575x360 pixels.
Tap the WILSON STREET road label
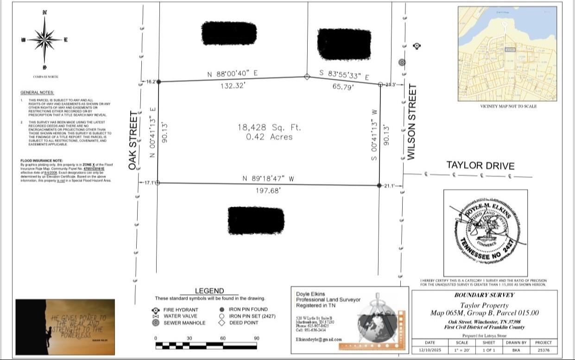pyautogui.click(x=411, y=122)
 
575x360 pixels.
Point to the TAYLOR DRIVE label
pyautogui.click(x=480, y=165)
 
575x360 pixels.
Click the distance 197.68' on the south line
pyautogui.click(x=268, y=190)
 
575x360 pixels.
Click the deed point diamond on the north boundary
pyautogui.click(x=307, y=77)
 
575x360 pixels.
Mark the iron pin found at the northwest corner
pyautogui.click(x=158, y=82)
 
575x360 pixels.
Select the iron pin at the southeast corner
pyautogui.click(x=380, y=185)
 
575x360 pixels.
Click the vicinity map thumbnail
pyautogui.click(x=507, y=54)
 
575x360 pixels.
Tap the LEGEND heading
pyautogui.click(x=209, y=291)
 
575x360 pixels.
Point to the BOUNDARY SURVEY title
pyautogui.click(x=484, y=295)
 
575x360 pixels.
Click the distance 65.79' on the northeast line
pyautogui.click(x=343, y=86)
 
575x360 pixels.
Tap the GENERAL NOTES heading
pyautogui.click(x=37, y=93)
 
